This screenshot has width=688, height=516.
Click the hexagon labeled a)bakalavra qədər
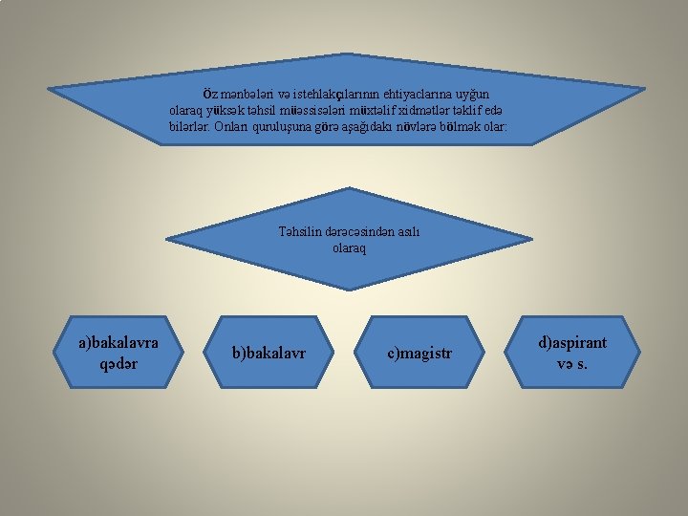point(118,352)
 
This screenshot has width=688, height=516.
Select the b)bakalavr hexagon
point(269,353)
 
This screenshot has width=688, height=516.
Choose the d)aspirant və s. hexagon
point(572,352)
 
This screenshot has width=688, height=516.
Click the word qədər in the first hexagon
point(118,363)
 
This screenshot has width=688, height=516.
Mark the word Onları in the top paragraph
point(229,126)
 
